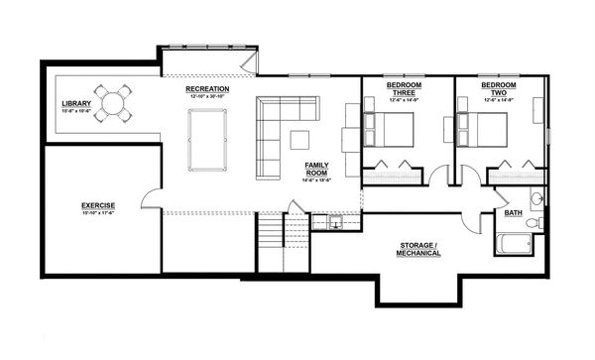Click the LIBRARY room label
coord(76,104)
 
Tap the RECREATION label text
coord(207,89)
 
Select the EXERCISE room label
coord(98,205)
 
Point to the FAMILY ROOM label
coord(317,167)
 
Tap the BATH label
coord(514,213)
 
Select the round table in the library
coord(115,103)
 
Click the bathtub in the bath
coord(514,243)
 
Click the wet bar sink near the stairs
coord(336,222)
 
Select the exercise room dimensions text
coord(98,213)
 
